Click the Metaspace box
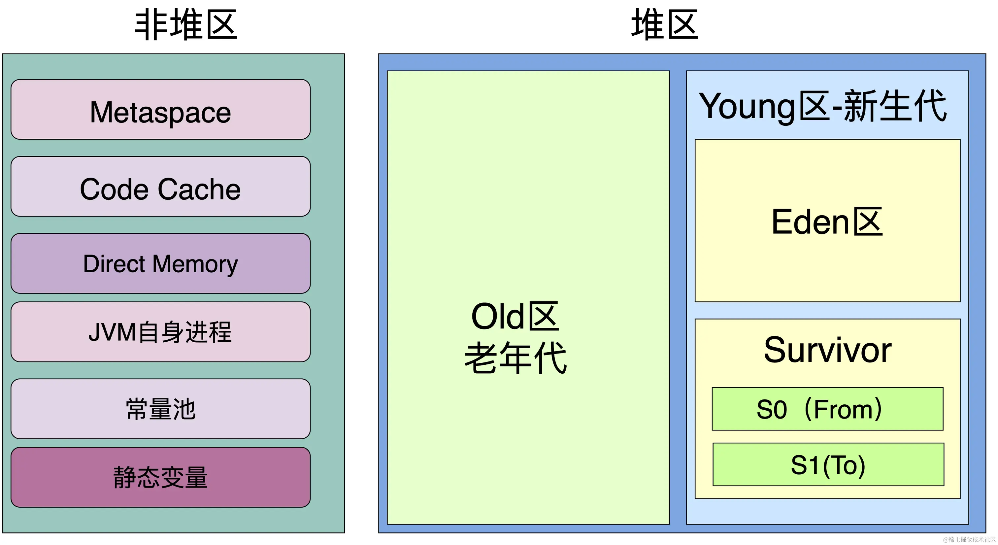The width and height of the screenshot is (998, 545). [x=160, y=110]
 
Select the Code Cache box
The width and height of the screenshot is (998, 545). [x=160, y=187]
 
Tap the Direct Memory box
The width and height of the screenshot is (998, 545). [x=160, y=263]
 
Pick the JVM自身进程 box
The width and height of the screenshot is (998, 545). [x=160, y=332]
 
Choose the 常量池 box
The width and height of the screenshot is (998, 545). [x=160, y=409]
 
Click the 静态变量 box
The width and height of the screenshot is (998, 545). [x=160, y=477]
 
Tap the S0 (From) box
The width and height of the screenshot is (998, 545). [x=827, y=409]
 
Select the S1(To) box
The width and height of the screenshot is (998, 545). [x=828, y=464]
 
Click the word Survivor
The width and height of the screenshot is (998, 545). [x=827, y=350]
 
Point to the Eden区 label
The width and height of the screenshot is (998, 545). [x=827, y=222]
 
